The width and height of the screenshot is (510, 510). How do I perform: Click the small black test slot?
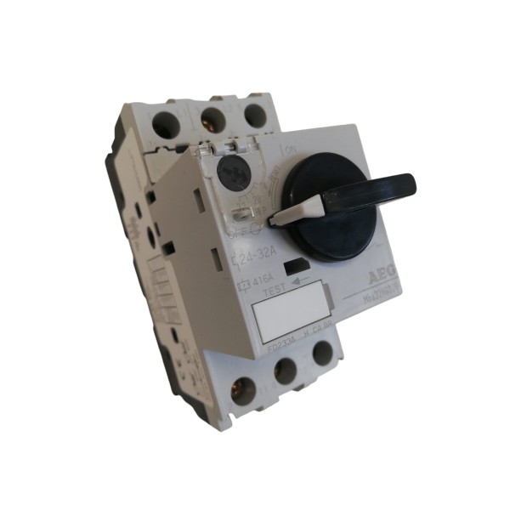click(295, 267)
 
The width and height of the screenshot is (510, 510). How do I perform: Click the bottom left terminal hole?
click(241, 389)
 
